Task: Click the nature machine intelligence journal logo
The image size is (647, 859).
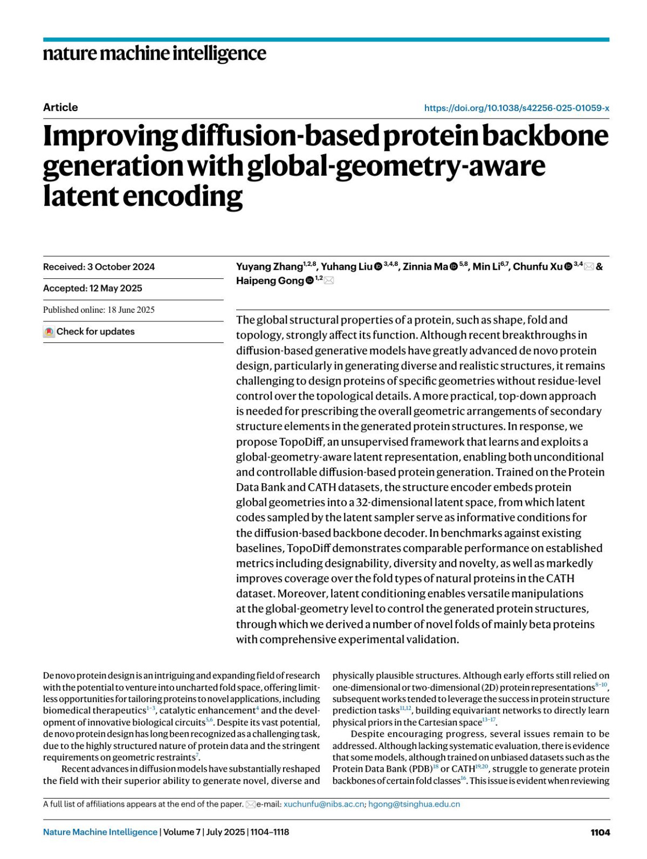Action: coord(154,53)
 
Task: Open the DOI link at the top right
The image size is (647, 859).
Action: coord(517,108)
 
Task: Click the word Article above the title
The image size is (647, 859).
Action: coord(60,107)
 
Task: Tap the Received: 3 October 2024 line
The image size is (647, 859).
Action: coord(99,267)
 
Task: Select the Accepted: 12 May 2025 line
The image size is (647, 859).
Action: coord(93,288)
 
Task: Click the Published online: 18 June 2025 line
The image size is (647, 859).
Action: coord(99,310)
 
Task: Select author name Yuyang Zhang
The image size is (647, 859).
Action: coord(269,266)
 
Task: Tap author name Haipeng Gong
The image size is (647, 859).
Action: coord(270,280)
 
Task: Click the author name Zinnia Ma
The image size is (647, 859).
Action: coord(425,266)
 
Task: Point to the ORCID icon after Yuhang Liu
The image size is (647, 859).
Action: coord(378,267)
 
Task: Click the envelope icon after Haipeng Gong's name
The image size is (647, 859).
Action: coord(329,280)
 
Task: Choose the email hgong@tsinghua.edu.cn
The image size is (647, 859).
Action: coord(414,804)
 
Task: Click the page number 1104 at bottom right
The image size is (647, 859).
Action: coord(600,832)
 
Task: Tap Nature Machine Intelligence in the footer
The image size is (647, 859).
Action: coord(100,832)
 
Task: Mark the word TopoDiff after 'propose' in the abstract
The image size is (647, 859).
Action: coord(301,442)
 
